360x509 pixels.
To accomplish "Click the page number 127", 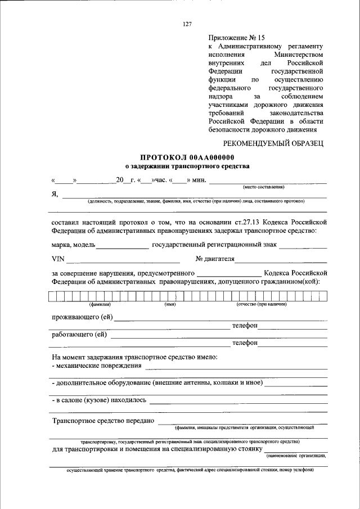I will (x=187, y=24).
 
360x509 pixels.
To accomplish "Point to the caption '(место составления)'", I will (x=263, y=187).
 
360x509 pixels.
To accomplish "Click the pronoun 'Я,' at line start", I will (x=55, y=195).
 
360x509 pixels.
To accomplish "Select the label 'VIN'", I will (x=58, y=259).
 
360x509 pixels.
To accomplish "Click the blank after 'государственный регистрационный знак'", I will (x=303, y=245).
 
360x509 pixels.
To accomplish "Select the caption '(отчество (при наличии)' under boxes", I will (x=262, y=304).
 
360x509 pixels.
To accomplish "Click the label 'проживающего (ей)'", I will (x=82, y=317).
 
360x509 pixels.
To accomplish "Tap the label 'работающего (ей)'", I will (x=79, y=335).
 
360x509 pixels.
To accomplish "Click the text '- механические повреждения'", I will (x=96, y=366).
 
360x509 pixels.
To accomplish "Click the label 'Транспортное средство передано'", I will (x=103, y=420).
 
